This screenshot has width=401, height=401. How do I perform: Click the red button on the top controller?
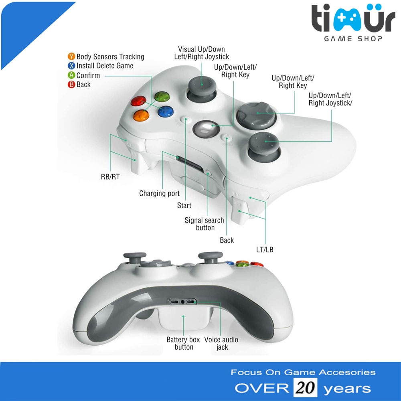tap(138, 101)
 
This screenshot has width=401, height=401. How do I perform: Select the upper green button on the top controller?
tap(161, 97)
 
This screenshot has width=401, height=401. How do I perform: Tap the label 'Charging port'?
tap(159, 194)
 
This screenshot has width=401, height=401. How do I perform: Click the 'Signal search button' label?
tap(205, 224)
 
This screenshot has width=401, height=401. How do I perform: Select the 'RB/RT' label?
tap(110, 176)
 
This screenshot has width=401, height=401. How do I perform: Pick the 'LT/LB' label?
tap(265, 250)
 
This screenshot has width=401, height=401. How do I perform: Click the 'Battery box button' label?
tap(183, 343)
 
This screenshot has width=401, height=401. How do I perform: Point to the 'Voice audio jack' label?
tap(221, 343)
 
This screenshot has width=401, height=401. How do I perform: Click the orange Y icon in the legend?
tap(71, 57)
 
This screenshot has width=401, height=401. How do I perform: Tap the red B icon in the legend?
tap(71, 84)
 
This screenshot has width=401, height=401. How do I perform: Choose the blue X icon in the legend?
tap(71, 66)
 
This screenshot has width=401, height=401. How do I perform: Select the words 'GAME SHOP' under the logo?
tap(353, 38)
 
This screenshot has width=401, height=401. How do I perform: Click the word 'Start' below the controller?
tap(184, 206)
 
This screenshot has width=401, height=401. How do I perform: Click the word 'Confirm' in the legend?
tap(88, 75)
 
